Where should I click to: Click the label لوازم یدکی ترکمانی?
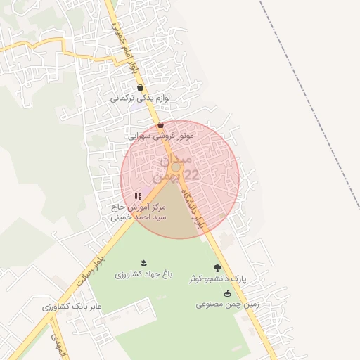point(139,99)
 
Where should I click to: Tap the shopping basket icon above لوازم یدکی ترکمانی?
point(141,89)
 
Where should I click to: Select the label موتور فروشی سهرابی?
point(161,134)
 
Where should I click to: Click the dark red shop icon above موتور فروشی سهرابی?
point(162,124)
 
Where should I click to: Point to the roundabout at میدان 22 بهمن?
point(176,168)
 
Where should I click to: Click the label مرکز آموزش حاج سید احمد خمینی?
point(138,212)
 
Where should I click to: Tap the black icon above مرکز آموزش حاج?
point(138,197)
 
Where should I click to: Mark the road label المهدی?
point(56,343)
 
